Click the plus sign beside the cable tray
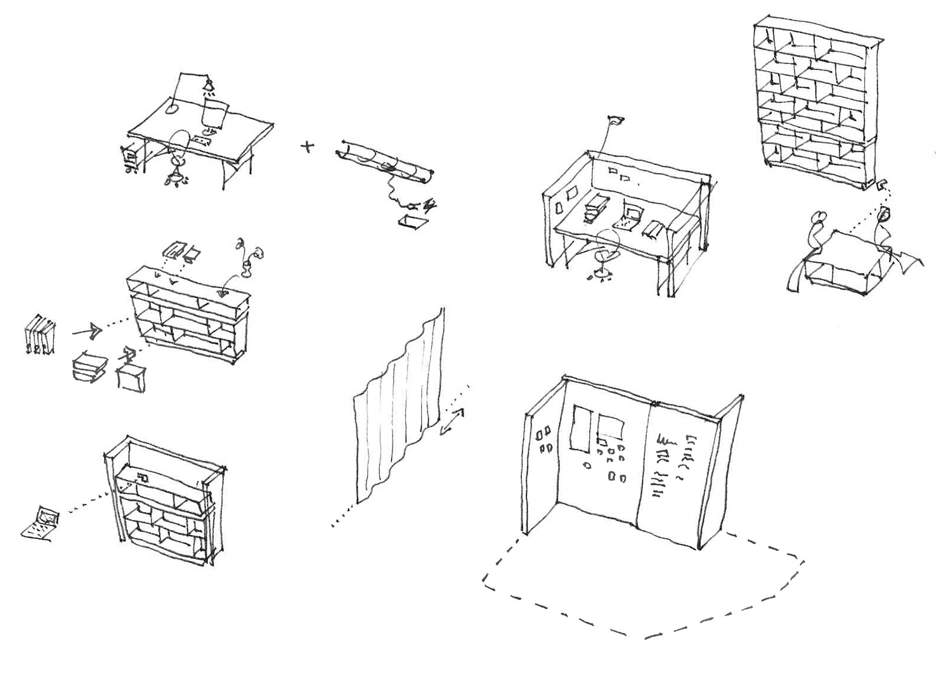click(x=308, y=146)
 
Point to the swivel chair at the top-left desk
click(x=179, y=155)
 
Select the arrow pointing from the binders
click(x=87, y=330)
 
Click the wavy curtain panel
click(x=398, y=406)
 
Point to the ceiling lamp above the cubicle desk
click(x=615, y=120)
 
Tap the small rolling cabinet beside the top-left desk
click(x=130, y=157)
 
